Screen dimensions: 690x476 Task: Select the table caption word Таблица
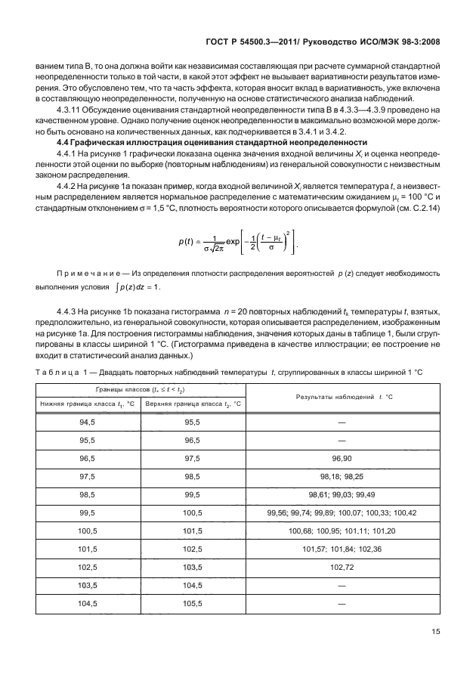coord(58,370)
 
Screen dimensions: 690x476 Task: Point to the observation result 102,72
coord(336,568)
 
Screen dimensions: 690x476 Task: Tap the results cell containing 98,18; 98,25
coord(336,476)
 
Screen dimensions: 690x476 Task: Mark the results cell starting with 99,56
coord(336,512)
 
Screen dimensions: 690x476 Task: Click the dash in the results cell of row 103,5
coord(336,586)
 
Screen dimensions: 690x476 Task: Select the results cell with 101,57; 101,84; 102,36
coord(336,549)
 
